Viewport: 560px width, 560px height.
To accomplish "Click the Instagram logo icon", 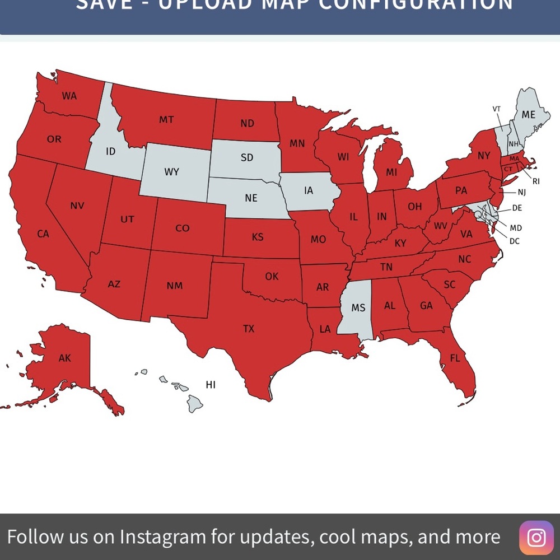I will (x=536, y=537).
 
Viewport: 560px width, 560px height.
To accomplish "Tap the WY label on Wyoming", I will (x=171, y=172).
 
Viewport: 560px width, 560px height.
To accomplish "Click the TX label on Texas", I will (x=249, y=329).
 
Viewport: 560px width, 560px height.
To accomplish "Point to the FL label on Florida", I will (x=455, y=358).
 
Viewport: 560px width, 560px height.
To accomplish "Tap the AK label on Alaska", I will (x=65, y=358).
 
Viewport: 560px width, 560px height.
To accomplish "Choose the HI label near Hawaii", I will (x=211, y=385).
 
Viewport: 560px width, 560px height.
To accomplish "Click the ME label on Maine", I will (x=528, y=115).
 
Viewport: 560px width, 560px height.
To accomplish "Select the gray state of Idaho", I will (x=110, y=151).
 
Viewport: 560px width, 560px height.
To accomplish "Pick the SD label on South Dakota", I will (x=247, y=157).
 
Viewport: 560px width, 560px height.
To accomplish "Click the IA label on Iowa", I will (x=309, y=190).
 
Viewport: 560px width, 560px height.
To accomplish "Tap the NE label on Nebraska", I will (x=251, y=198).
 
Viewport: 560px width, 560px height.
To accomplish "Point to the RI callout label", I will (x=536, y=181).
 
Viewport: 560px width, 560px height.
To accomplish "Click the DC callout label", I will (x=514, y=241).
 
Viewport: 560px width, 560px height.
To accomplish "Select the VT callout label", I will (x=497, y=109).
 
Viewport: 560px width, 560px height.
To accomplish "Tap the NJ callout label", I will (x=521, y=193).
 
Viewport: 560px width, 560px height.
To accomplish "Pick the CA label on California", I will (x=43, y=234).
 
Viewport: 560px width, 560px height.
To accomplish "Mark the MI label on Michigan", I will (x=391, y=172).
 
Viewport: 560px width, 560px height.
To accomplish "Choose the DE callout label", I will (x=517, y=208).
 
